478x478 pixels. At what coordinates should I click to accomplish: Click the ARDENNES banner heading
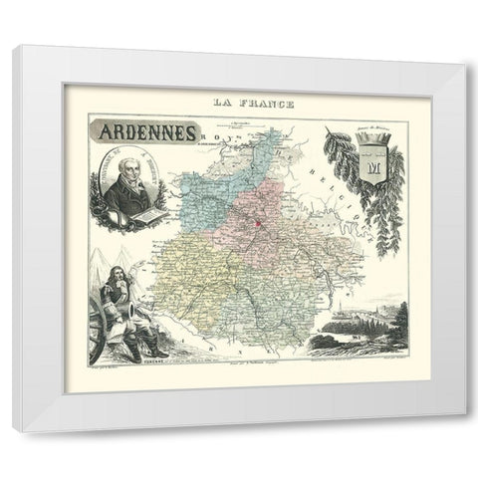point(145,130)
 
